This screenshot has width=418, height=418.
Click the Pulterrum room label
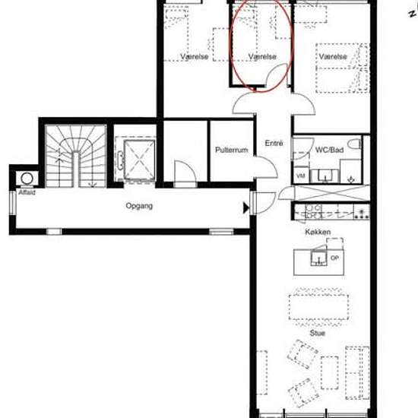(x=231, y=150)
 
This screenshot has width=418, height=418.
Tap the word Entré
(x=274, y=143)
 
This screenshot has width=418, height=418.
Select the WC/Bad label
(x=329, y=150)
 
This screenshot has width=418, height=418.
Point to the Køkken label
(x=318, y=232)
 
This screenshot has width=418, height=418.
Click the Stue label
(x=317, y=333)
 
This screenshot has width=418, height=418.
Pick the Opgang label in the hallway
(x=139, y=206)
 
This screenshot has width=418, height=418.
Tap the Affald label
(x=27, y=192)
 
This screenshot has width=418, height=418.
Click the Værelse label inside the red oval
(x=262, y=56)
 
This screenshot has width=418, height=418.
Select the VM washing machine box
(x=301, y=176)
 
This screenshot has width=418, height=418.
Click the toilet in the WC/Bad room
(x=354, y=144)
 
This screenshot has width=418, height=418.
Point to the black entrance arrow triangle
(x=246, y=208)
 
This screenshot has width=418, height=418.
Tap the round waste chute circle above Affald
(x=27, y=179)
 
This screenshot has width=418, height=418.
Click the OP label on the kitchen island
(x=334, y=258)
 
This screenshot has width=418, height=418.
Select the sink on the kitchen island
(x=319, y=258)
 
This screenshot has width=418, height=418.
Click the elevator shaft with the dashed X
(x=139, y=160)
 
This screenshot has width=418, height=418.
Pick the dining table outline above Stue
(x=319, y=307)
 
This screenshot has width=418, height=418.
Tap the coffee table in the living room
(x=330, y=373)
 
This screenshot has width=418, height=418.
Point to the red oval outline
(x=293, y=46)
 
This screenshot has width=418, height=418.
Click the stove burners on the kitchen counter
(x=362, y=214)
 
